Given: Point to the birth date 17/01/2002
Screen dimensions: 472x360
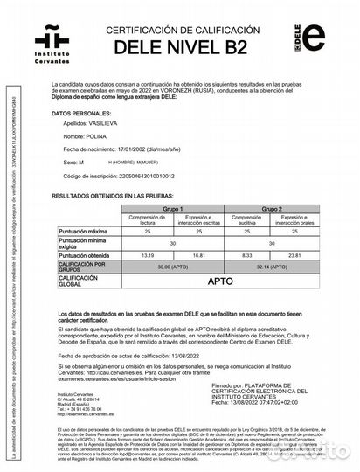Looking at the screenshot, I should (127, 149).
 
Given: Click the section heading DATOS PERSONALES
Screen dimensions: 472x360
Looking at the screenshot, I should (81, 114).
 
